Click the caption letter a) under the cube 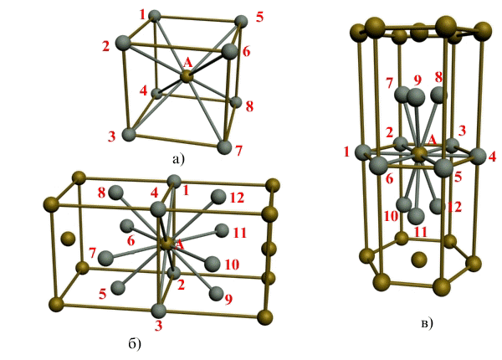(178, 158)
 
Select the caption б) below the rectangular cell (135, 344)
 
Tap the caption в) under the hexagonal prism (427, 323)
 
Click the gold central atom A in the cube (187, 76)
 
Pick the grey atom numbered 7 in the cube (224, 147)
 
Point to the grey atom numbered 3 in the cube (130, 134)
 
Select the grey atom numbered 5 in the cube (241, 22)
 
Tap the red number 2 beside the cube (106, 46)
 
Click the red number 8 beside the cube (249, 106)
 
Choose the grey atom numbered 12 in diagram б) (218, 197)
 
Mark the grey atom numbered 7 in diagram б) (105, 258)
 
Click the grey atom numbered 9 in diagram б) (217, 293)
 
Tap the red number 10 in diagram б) (232, 265)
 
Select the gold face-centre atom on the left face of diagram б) (68, 239)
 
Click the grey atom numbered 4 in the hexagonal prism (479, 157)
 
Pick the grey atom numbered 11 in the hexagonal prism (416, 216)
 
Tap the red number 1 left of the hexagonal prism (346, 152)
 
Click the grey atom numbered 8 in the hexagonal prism (439, 95)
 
